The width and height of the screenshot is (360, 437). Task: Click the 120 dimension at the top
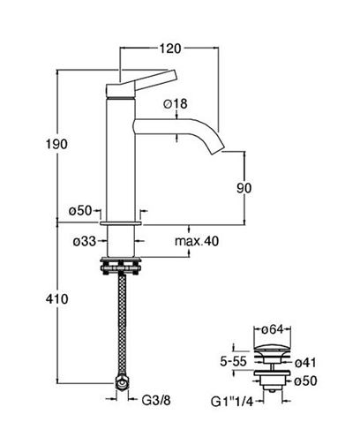coord(170,49)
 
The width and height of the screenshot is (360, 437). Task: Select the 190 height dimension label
coord(56,144)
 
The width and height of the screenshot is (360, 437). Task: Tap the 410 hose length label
coord(56,299)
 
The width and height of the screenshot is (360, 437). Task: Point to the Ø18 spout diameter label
coord(176,103)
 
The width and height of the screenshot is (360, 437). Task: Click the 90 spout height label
coord(244,188)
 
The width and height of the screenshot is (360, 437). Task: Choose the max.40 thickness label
coord(197,241)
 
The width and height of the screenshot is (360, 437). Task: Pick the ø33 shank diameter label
coord(85,241)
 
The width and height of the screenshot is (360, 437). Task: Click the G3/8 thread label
coord(156,400)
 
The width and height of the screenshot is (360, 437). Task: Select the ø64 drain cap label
coord(273,329)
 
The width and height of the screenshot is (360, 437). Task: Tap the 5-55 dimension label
coord(233,361)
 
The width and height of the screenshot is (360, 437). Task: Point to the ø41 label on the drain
coord(305,363)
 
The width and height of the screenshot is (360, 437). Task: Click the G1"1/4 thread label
coord(232,402)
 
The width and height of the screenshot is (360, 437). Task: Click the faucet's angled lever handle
coord(141,83)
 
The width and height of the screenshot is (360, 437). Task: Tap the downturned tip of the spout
coord(218,148)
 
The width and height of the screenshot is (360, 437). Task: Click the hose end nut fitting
coord(122,383)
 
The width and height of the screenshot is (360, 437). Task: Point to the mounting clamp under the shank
coord(121,266)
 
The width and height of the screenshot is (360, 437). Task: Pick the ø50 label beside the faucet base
coord(80,211)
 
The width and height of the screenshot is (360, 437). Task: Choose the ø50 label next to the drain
coord(305,381)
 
